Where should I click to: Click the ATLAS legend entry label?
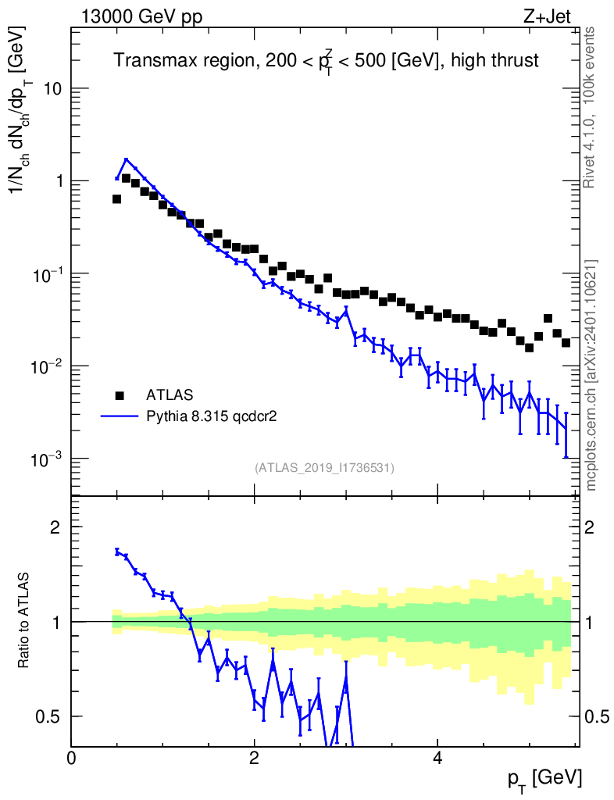171,394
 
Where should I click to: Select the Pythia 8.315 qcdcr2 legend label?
212,416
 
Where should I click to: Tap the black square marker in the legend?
119,394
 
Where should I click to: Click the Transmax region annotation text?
327,60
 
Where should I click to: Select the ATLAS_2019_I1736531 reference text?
324,468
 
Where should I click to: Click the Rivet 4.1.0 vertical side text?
590,107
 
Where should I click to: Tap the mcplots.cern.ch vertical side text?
591,375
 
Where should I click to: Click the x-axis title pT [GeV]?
545,777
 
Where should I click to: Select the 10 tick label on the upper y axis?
52,89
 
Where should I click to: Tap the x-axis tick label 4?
437,758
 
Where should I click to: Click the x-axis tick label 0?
71,758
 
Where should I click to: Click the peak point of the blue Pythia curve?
126,160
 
